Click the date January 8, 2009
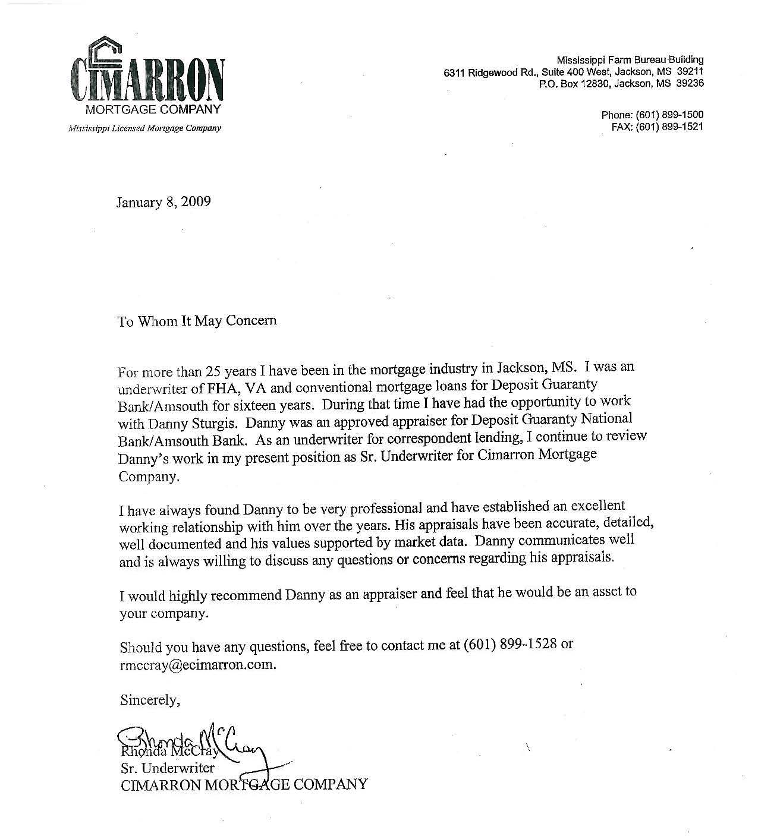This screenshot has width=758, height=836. pyautogui.click(x=163, y=202)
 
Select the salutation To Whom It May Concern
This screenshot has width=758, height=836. pyautogui.click(x=197, y=321)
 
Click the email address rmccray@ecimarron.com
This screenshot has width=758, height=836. pyautogui.click(x=198, y=665)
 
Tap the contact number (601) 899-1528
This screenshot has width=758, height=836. pyautogui.click(x=509, y=645)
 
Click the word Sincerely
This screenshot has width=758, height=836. pyautogui.click(x=149, y=700)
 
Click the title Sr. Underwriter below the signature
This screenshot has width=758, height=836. pyautogui.click(x=167, y=768)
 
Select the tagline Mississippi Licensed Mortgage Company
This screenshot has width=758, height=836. pyautogui.click(x=144, y=128)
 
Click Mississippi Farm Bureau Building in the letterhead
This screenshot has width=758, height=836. pyautogui.click(x=630, y=59)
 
